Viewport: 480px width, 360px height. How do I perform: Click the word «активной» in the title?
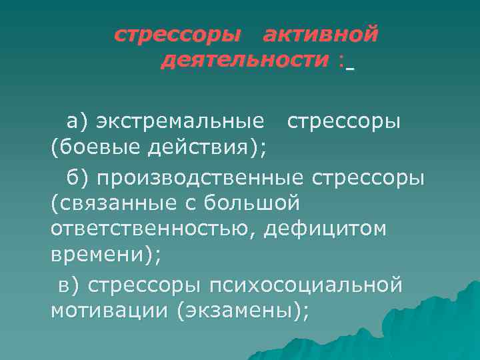coord(321,34)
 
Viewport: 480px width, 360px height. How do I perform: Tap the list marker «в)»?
coord(69,285)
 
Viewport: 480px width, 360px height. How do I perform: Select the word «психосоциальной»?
coord(306,285)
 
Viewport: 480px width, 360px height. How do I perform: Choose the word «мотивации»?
coord(109,311)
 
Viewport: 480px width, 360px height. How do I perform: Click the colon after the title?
coord(341,61)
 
